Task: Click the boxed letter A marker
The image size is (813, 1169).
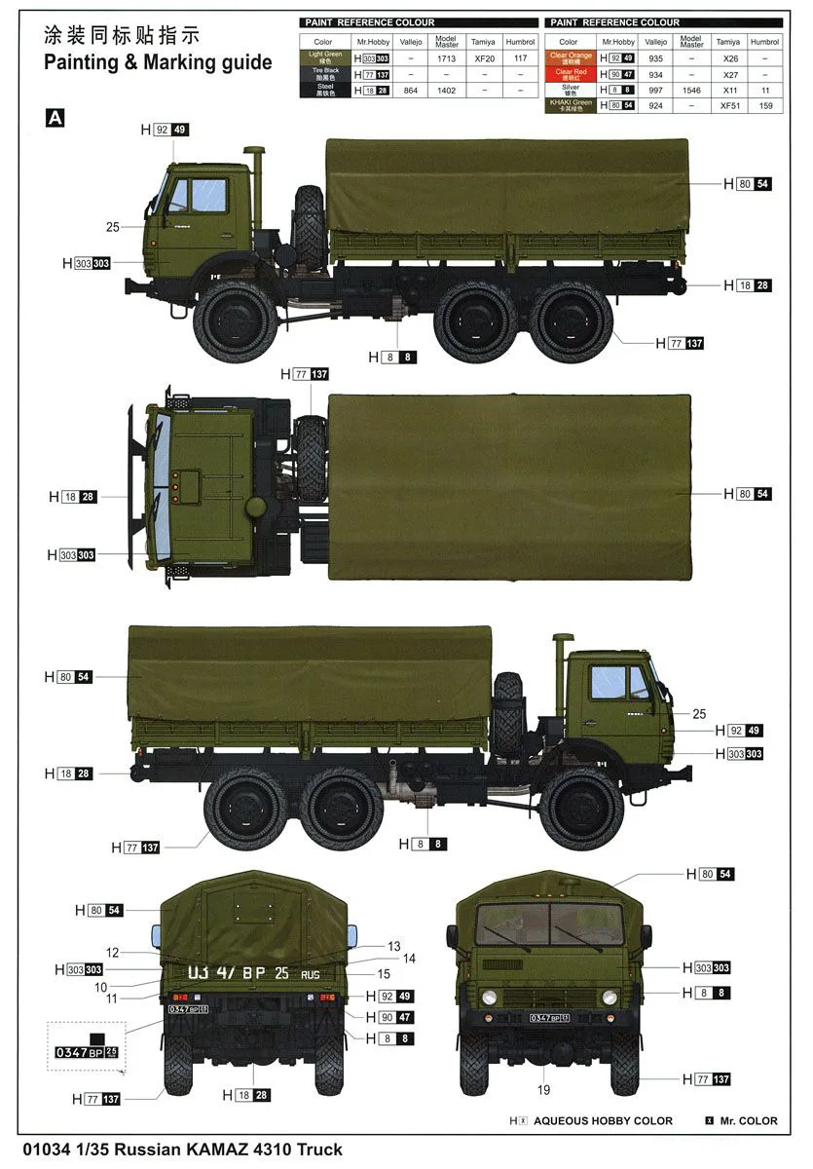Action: tap(55, 117)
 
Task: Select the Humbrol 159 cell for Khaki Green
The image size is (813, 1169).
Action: tap(764, 105)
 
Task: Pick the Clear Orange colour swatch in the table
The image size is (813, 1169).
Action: tap(571, 58)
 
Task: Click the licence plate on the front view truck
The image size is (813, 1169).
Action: tap(549, 1018)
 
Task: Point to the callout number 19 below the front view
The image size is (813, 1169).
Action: tap(543, 1089)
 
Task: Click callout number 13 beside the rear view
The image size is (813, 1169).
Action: tap(393, 946)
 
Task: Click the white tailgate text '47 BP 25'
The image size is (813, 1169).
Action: tap(239, 972)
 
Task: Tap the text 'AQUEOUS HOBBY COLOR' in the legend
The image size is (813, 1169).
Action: tap(603, 1121)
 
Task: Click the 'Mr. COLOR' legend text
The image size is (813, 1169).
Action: tap(748, 1121)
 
